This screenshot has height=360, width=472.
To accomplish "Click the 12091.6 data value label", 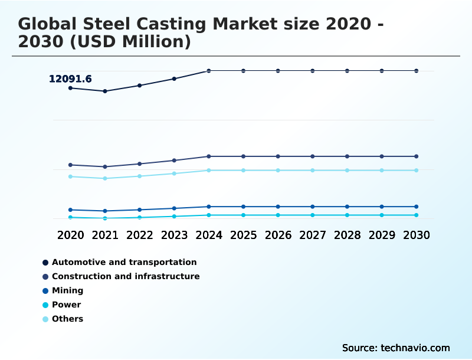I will pyautogui.click(x=70, y=79).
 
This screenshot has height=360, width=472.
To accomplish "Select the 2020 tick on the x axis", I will pyautogui.click(x=70, y=235).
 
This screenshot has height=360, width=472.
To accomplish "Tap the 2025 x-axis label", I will pyautogui.click(x=243, y=235).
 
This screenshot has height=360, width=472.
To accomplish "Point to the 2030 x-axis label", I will pyautogui.click(x=416, y=235).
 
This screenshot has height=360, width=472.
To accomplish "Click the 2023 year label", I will pyautogui.click(x=174, y=235).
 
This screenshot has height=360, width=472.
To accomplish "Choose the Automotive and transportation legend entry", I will pyautogui.click(x=124, y=262).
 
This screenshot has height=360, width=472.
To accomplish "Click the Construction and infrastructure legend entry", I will pyautogui.click(x=126, y=276).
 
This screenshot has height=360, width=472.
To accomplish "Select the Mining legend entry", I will pyautogui.click(x=67, y=290).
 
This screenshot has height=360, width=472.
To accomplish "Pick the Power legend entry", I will pyautogui.click(x=66, y=305).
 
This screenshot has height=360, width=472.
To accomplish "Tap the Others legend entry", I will pyautogui.click(x=67, y=319).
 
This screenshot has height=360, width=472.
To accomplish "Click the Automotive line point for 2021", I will pyautogui.click(x=105, y=91).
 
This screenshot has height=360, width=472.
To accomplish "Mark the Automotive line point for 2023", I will pyautogui.click(x=174, y=78).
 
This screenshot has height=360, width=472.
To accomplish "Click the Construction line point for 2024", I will pyautogui.click(x=209, y=156).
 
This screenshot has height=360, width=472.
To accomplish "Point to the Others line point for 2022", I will pyautogui.click(x=140, y=176).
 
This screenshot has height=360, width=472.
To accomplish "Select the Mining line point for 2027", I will pyautogui.click(x=313, y=207).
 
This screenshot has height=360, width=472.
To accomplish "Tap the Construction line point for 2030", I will pyautogui.click(x=416, y=156).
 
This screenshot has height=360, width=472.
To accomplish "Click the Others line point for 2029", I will pyautogui.click(x=382, y=170).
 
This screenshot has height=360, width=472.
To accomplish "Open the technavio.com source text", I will pyautogui.click(x=415, y=348).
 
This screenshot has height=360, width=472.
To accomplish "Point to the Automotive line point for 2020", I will pyautogui.click(x=70, y=88).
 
